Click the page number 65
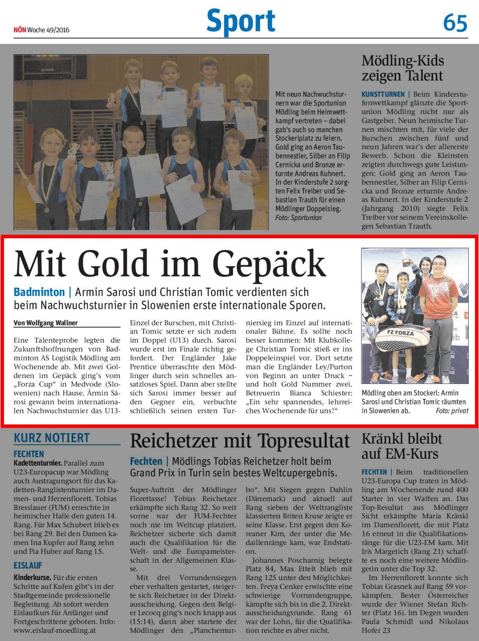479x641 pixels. [x=455, y=23]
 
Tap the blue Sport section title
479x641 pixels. [x=241, y=22]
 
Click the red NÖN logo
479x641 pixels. [x=20, y=30]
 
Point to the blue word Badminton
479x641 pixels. [x=39, y=292]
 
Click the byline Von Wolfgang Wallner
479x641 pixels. [x=46, y=323]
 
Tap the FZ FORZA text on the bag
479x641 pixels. [x=401, y=334]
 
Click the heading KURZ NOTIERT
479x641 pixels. [x=51, y=438]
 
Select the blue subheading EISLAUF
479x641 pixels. [x=28, y=565]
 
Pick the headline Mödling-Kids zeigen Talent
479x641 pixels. [x=402, y=69]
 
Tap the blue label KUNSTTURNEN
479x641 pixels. [x=383, y=94]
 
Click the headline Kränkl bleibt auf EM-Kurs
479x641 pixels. [x=401, y=446]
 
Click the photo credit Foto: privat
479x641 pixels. [x=452, y=411]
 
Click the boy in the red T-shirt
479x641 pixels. [x=438, y=303]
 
